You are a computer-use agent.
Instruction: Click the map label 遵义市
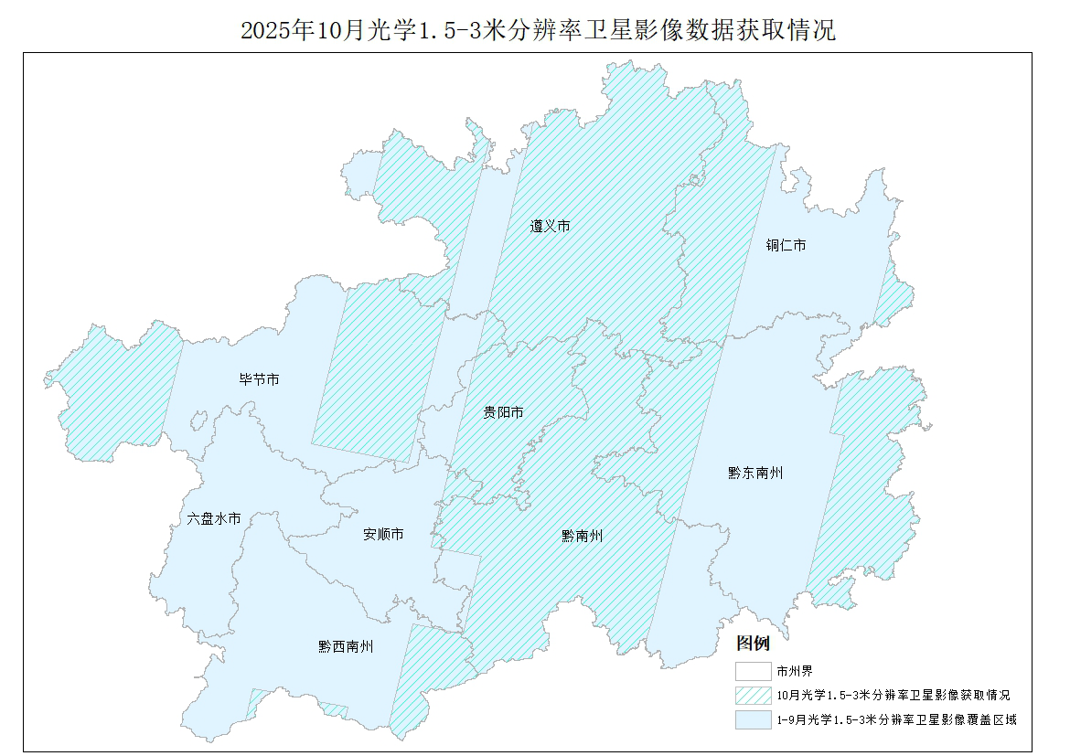tap(550, 226)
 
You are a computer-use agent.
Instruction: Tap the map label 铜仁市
tap(786, 246)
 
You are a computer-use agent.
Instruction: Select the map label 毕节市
tap(259, 379)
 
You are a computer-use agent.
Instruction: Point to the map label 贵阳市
tap(503, 412)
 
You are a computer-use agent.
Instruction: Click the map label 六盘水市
tap(214, 518)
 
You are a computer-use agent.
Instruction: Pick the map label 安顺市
tap(383, 534)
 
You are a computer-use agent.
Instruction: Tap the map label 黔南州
tap(582, 537)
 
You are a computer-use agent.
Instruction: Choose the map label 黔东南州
tap(755, 473)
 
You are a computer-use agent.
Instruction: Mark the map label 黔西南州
tap(346, 646)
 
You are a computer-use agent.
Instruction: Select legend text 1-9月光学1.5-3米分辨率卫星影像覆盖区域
tap(896, 720)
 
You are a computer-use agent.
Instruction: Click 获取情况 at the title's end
tap(792, 30)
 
